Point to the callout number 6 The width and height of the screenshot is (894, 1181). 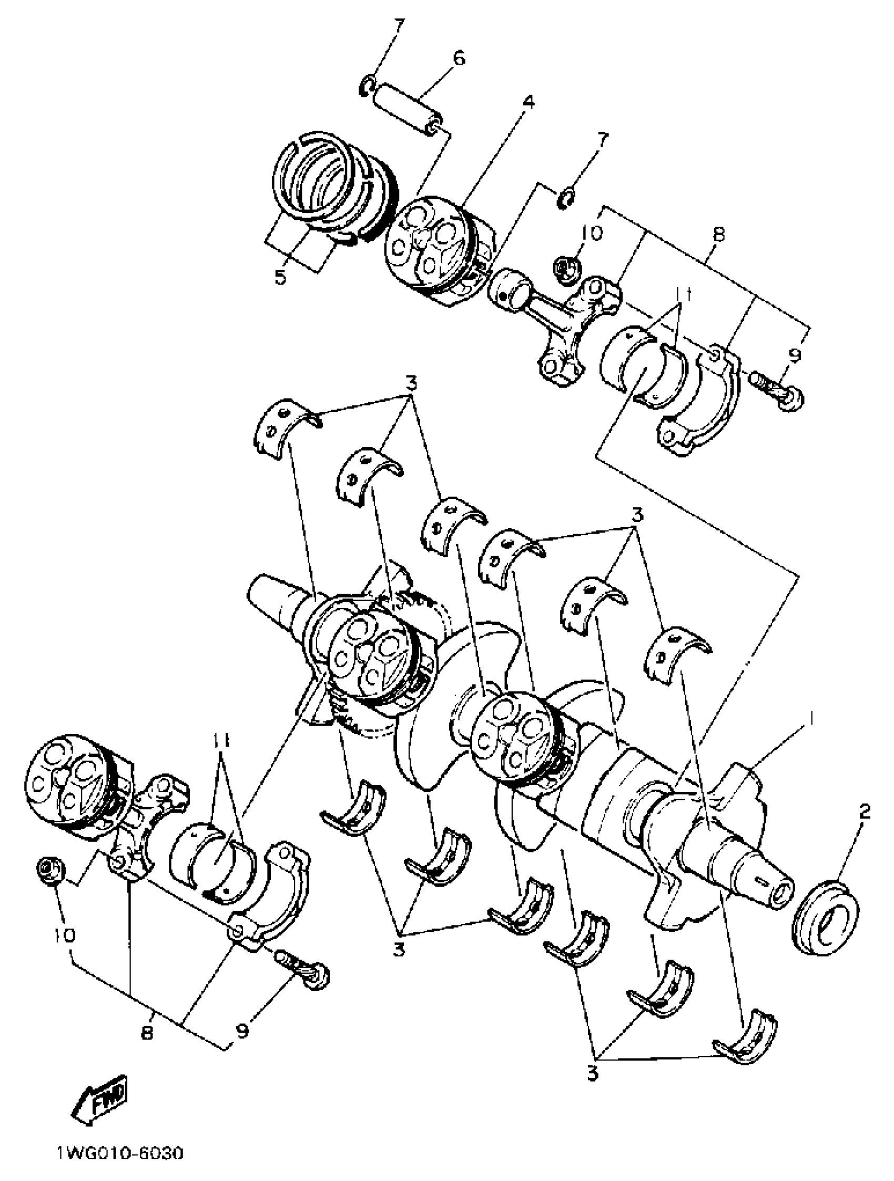pyautogui.click(x=459, y=58)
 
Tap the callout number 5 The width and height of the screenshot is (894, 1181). pyautogui.click(x=280, y=277)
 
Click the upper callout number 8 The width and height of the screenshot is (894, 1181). pyautogui.click(x=718, y=235)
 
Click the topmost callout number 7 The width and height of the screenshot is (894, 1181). pyautogui.click(x=400, y=26)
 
